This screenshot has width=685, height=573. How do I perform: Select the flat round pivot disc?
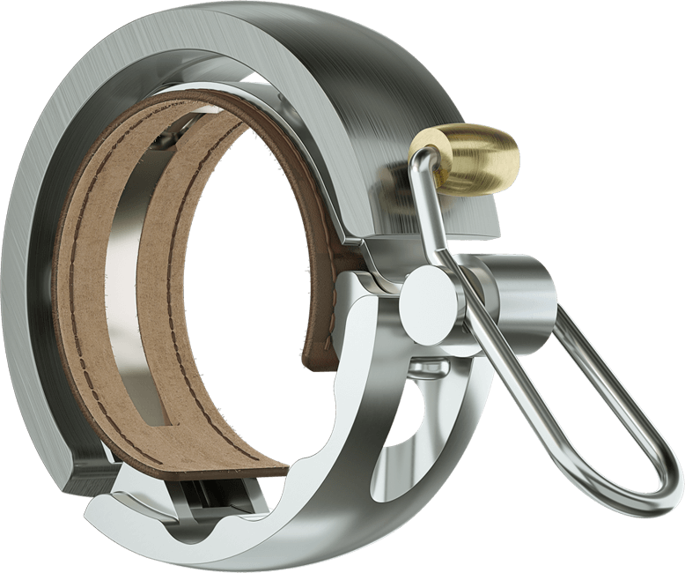click(430, 300)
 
